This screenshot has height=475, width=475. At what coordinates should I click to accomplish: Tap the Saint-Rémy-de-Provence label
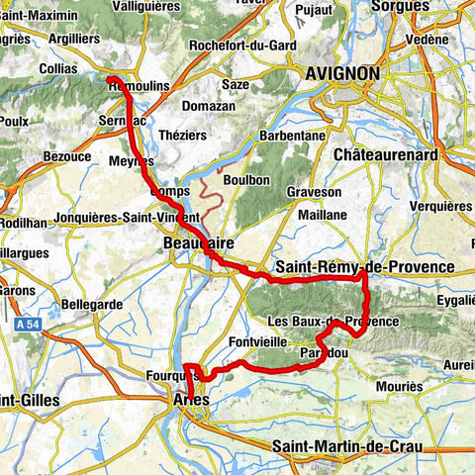coord(365,267)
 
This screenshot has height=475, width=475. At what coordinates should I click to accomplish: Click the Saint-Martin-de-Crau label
coord(347,447)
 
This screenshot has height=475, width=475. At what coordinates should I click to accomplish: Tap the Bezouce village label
coord(68,157)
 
